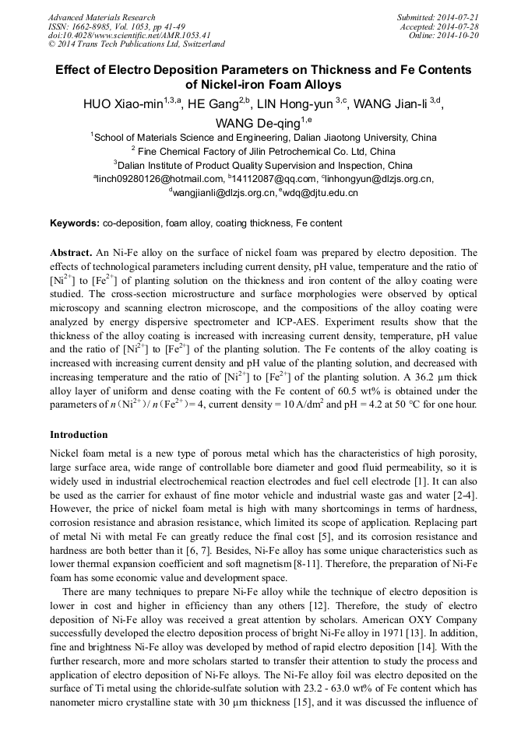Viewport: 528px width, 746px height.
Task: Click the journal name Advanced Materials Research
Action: (x=101, y=17)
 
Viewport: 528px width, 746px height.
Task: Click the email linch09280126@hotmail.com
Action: (x=159, y=179)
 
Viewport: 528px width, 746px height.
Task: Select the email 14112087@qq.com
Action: (x=268, y=179)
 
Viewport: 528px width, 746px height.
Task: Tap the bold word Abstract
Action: (x=71, y=253)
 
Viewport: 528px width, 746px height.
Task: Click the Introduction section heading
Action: (x=79, y=434)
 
